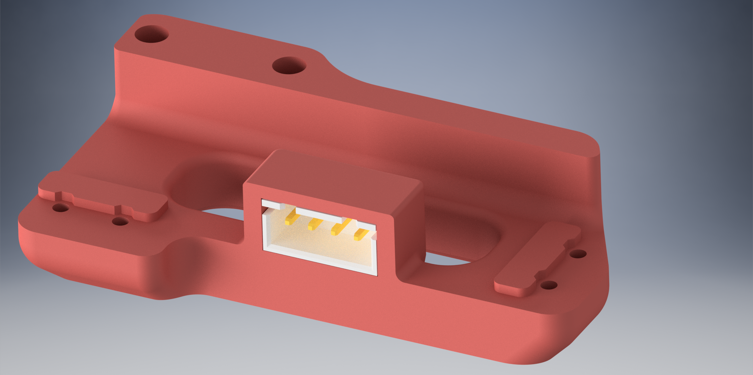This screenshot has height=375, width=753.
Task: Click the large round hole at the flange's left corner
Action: [x=151, y=34]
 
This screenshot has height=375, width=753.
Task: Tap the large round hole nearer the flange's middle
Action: [x=289, y=65]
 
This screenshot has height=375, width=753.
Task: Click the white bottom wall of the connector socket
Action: [x=320, y=259]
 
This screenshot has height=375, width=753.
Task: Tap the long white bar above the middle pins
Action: [x=320, y=214]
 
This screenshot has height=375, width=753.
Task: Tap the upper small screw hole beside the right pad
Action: [x=578, y=254]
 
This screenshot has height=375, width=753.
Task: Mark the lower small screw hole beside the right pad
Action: [x=548, y=285]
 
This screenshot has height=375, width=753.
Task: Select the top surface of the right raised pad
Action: [x=533, y=260]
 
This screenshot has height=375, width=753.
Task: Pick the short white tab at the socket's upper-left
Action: [x=272, y=204]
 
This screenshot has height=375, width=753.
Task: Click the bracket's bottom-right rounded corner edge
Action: [x=566, y=350]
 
